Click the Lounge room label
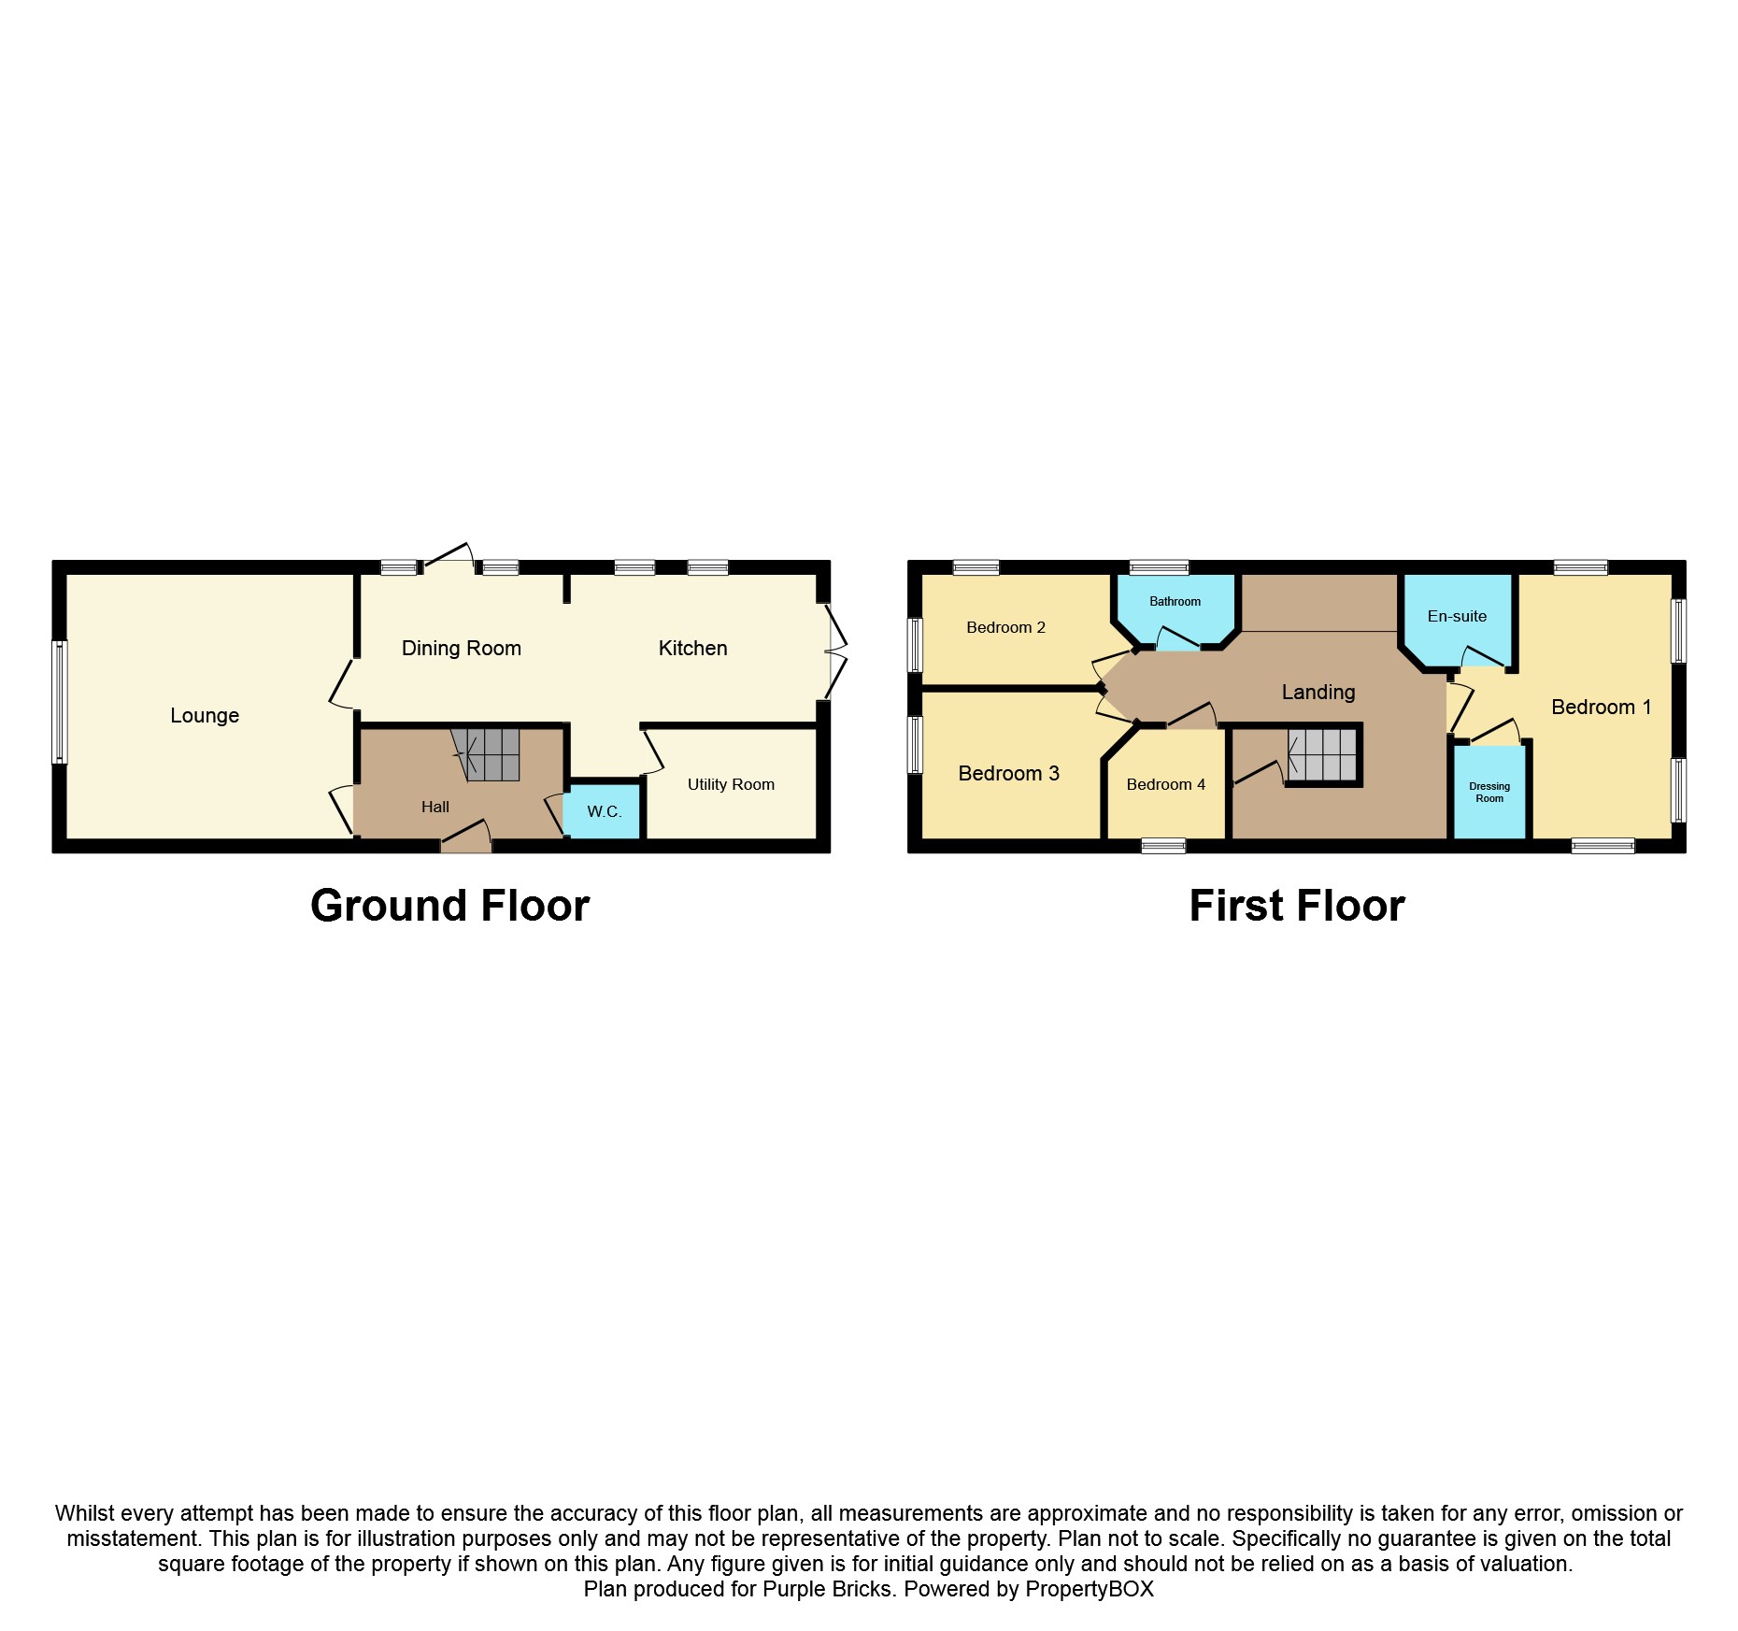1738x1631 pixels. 205,716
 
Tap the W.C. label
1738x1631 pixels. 605,811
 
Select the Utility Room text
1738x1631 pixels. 731,785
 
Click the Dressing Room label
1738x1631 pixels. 1489,793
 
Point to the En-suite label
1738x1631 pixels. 1457,617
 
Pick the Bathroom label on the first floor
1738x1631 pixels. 1175,602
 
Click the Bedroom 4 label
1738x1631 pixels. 1165,785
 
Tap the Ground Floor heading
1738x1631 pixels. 449,906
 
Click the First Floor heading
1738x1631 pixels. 1297,906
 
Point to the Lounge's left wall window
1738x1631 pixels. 60,701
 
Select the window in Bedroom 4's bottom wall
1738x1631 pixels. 1163,846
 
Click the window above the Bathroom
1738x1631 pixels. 1159,567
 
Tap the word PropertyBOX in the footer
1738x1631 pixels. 1090,1589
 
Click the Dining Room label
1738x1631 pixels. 462,649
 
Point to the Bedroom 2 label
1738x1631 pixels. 1005,628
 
